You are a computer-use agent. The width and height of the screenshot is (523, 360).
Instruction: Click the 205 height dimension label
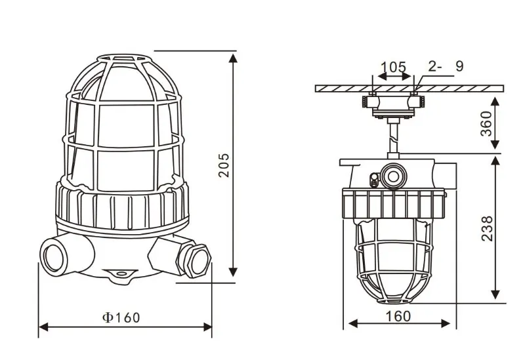coord(224,165)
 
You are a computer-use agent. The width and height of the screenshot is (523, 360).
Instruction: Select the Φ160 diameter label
coord(121,317)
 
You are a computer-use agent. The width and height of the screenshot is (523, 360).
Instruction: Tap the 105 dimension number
coord(394,67)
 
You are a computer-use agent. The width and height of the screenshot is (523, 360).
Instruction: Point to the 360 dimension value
coord(486,123)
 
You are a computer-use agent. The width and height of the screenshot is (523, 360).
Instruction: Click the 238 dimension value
coord(487,228)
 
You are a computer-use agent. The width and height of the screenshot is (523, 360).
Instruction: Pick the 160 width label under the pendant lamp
coord(398,316)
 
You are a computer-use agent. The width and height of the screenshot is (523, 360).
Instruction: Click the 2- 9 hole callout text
coord(446,66)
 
